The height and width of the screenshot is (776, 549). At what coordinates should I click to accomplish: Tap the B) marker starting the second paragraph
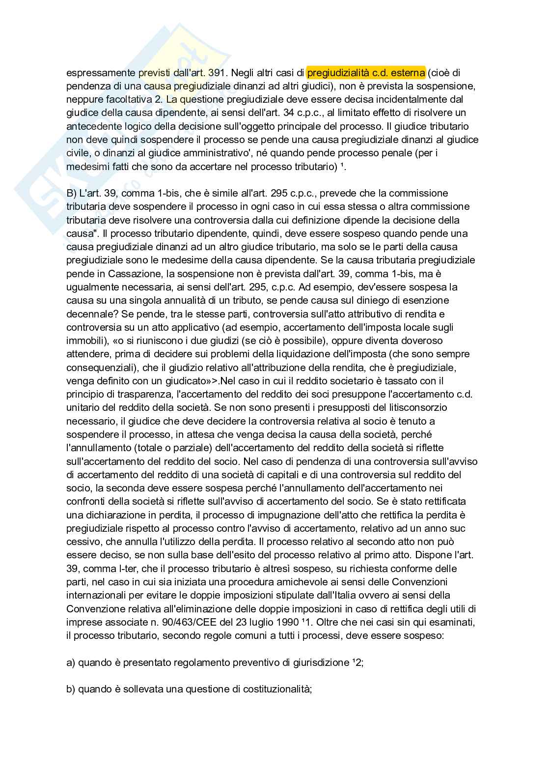pyautogui.click(x=71, y=194)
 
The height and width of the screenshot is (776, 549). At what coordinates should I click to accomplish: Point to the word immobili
pyautogui.click(x=84, y=341)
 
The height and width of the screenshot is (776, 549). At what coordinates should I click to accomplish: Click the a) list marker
pyautogui.click(x=71, y=663)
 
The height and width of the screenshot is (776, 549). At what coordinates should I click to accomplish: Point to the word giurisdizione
pyautogui.click(x=315, y=663)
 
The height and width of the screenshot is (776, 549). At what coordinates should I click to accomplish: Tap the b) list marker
pyautogui.click(x=71, y=690)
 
